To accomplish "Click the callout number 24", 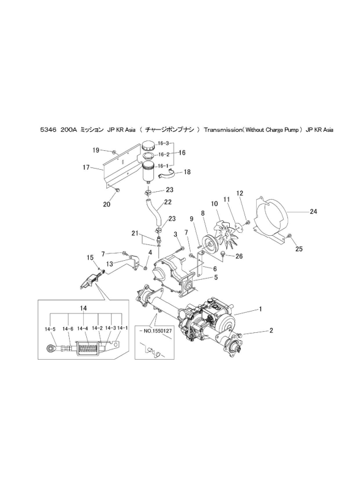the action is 314,211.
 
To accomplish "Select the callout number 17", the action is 86,167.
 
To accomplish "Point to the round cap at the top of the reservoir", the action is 149,146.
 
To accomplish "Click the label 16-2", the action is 164,155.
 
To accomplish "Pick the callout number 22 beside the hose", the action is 167,202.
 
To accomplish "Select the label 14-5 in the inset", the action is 50,329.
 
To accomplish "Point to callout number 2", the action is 271,330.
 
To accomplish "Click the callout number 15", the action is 90,257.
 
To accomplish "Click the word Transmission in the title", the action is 222,130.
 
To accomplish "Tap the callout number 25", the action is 299,249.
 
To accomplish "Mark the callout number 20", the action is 106,205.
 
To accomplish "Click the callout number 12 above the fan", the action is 240,193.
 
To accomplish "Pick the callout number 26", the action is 239,256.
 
